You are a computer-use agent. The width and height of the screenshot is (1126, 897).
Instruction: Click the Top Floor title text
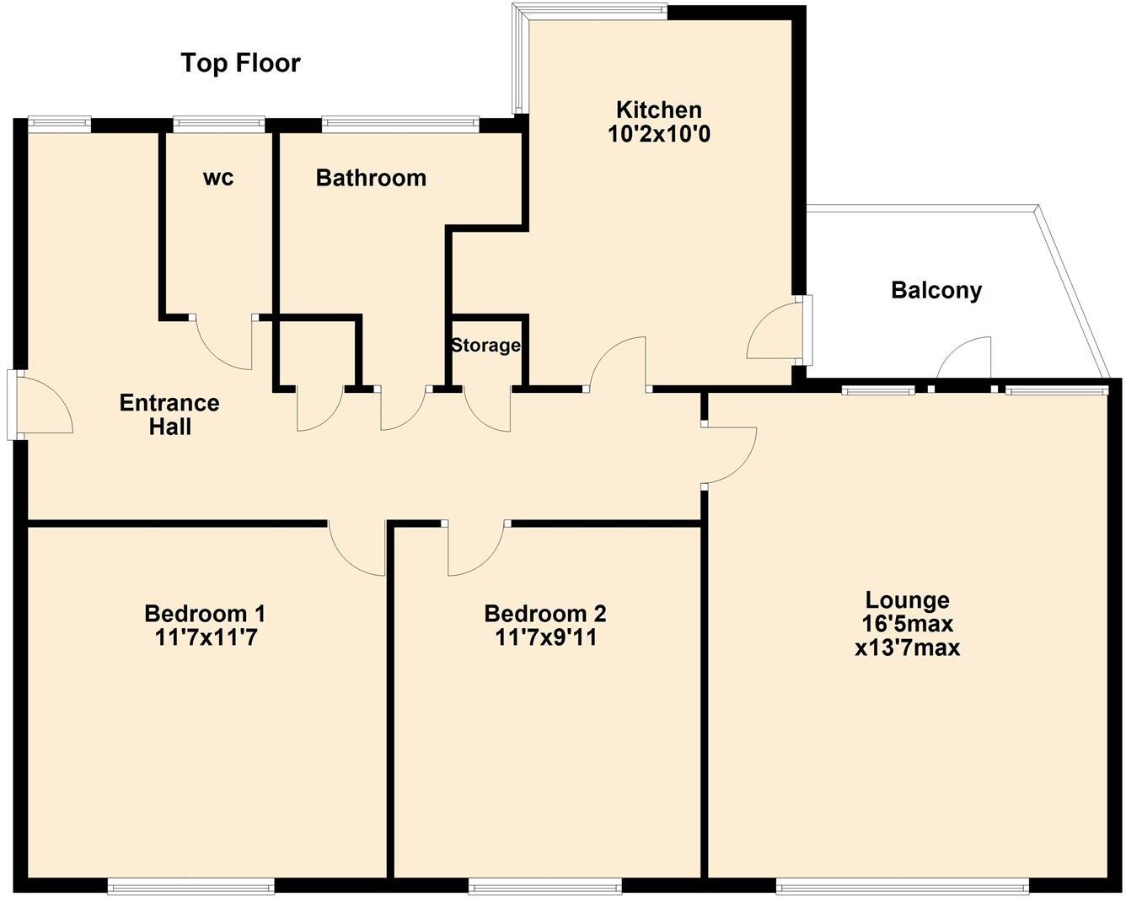[x=240, y=63]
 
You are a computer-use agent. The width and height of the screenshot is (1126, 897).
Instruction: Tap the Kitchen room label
[x=658, y=110]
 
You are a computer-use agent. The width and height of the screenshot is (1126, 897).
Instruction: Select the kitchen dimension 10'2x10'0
[x=658, y=134]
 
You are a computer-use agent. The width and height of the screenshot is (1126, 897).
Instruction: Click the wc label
[x=218, y=178]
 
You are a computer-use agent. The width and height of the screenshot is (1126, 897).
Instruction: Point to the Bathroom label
[x=371, y=178]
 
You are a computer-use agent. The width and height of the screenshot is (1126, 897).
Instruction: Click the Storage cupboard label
[x=485, y=346]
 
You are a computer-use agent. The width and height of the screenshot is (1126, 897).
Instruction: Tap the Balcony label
[x=936, y=291]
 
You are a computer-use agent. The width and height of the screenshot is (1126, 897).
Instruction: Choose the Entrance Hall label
[x=169, y=414]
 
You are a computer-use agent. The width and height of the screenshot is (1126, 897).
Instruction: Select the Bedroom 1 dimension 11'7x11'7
[x=206, y=637]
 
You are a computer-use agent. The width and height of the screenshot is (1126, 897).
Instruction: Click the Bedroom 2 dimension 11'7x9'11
[x=545, y=637]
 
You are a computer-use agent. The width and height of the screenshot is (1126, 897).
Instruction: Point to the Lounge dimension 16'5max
[x=907, y=625]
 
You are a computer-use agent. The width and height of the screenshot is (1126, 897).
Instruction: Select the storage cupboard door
[x=487, y=410]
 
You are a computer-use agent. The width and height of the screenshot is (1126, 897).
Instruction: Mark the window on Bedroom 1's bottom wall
[x=191, y=886]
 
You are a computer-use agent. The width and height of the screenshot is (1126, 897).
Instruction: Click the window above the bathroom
[x=400, y=124]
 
